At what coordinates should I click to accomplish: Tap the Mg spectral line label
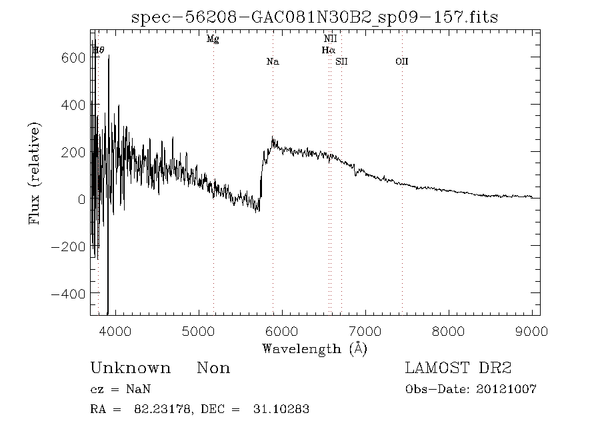[x=213, y=39]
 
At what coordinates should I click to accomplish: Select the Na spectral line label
[x=272, y=62]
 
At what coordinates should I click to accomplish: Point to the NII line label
[x=330, y=39]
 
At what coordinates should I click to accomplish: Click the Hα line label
[x=328, y=50]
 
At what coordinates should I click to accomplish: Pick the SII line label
[x=341, y=62]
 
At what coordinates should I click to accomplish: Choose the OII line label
[x=401, y=62]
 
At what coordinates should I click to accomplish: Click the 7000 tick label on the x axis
[x=365, y=330]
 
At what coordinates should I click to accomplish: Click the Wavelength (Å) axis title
[x=315, y=348]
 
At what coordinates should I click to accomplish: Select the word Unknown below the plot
[x=130, y=368]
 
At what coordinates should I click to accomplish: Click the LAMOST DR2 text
[x=458, y=368]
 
